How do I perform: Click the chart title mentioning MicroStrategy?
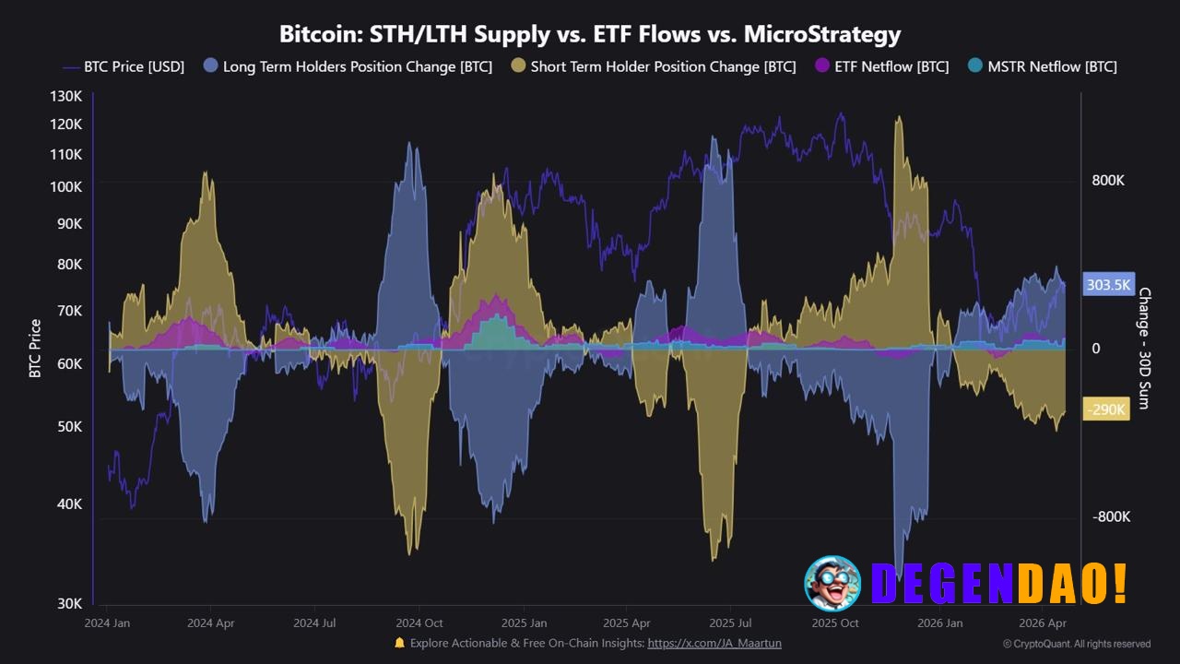click(x=590, y=34)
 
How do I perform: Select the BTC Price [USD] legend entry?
click(x=124, y=66)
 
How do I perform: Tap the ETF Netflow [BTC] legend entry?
click(x=882, y=66)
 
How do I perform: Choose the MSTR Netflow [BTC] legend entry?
click(x=1043, y=66)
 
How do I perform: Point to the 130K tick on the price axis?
click(x=65, y=97)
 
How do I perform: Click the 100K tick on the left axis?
click(x=65, y=187)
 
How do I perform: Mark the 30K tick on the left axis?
click(x=69, y=603)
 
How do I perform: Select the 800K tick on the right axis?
click(x=1108, y=181)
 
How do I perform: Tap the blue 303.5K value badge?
click(x=1107, y=285)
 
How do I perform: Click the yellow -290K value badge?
click(x=1106, y=409)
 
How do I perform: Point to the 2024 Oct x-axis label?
click(x=419, y=623)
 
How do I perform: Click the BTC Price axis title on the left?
click(x=36, y=348)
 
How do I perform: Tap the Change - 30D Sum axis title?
click(x=1144, y=348)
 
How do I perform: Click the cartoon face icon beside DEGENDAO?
click(x=832, y=583)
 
